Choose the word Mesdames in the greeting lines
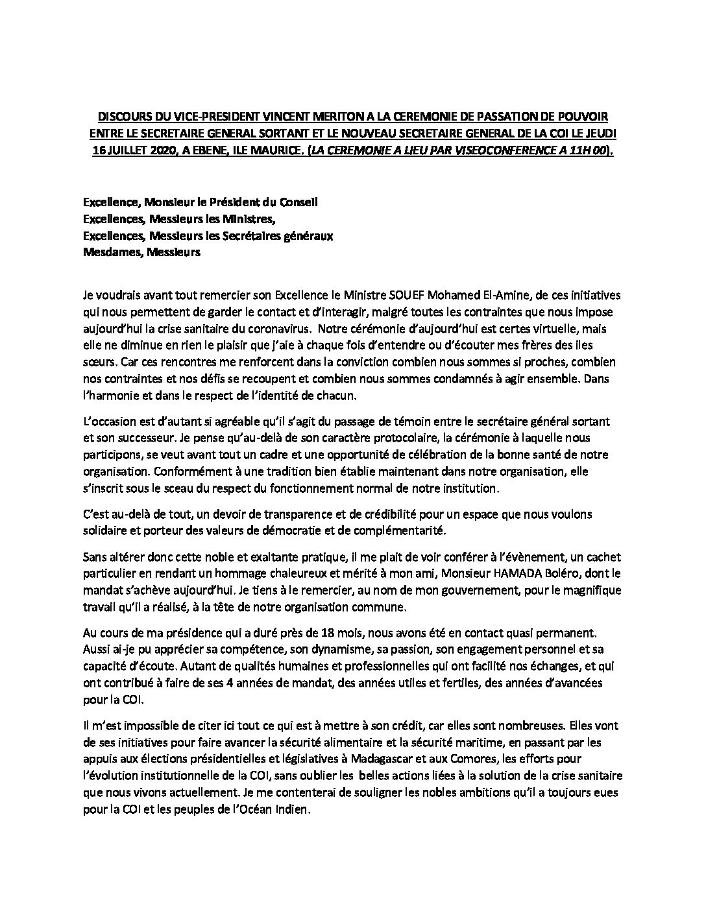pos(112,252)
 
